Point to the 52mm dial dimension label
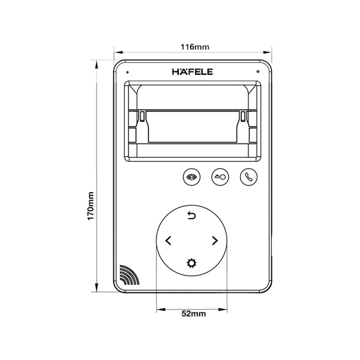(x=193, y=314)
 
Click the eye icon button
(x=191, y=177)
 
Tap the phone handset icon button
(x=248, y=177)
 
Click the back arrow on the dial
(x=191, y=216)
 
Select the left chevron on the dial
(x=168, y=241)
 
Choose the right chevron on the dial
(x=215, y=241)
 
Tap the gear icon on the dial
(x=191, y=263)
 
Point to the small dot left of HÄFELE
(x=127, y=72)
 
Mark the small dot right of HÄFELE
(x=257, y=72)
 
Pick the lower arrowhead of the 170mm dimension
(x=96, y=289)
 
